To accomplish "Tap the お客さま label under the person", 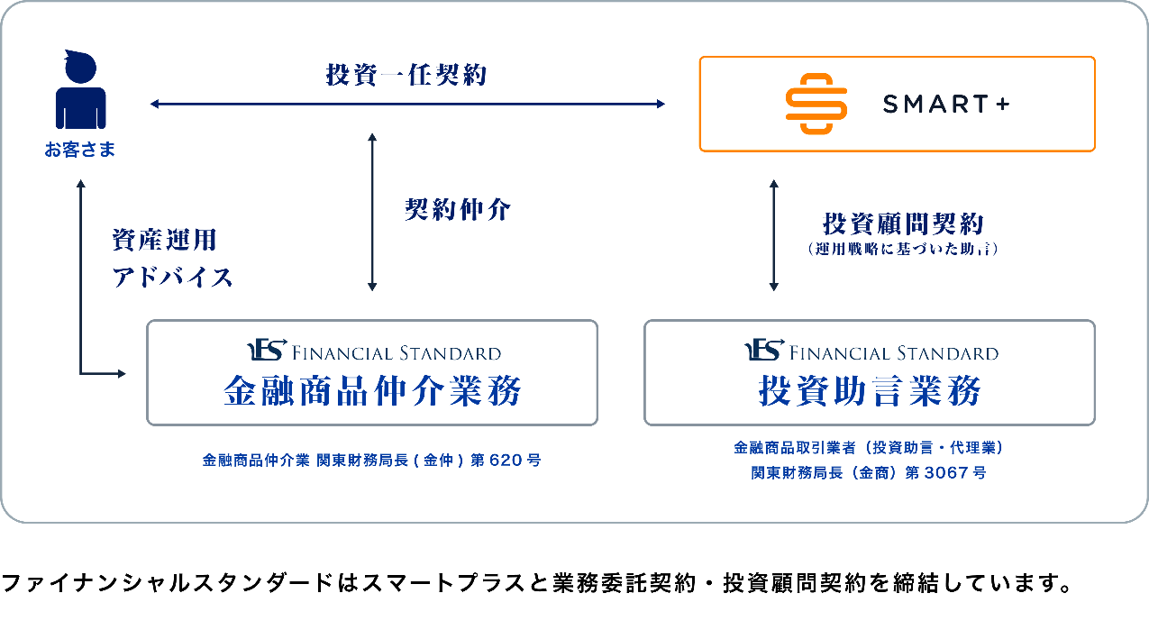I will (80, 150).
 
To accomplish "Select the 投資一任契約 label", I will (406, 74).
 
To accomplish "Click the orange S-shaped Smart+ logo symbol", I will (816, 105).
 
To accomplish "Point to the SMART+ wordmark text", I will (946, 105).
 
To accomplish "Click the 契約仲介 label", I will (458, 210).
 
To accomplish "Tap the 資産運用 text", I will (164, 240).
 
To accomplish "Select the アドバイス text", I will (172, 277).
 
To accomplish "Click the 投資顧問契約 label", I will (903, 224).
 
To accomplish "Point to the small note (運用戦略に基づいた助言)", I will (903, 249).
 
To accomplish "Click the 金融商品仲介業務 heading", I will (372, 392).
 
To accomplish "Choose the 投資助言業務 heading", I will (870, 392).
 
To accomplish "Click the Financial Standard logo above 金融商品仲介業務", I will (373, 351).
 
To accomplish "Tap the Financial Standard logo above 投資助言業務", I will (871, 351).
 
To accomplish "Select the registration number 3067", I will (945, 472).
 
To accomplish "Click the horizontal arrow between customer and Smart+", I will (407, 105).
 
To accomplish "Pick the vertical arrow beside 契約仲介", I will (372, 213).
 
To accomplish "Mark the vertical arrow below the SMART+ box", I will (773, 234).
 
